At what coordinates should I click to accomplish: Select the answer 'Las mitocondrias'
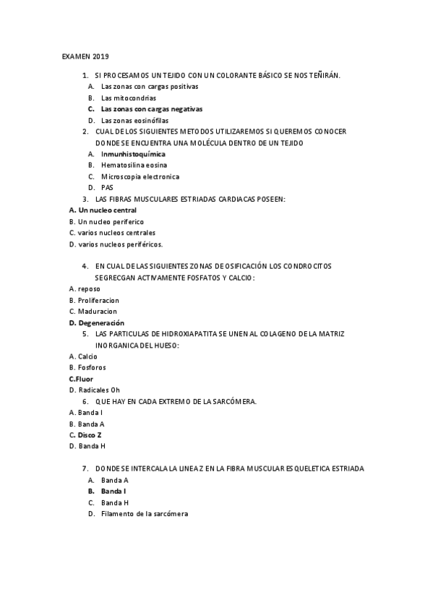point(128,98)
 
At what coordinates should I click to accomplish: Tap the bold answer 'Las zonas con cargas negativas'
point(151,108)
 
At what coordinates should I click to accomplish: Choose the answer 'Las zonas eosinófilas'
point(134,120)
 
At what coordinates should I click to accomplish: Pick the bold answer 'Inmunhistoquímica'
point(133,154)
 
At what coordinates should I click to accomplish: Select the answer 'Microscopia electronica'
point(140,176)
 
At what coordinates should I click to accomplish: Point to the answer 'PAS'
point(107,187)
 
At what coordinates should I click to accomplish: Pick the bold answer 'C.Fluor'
point(81,379)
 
